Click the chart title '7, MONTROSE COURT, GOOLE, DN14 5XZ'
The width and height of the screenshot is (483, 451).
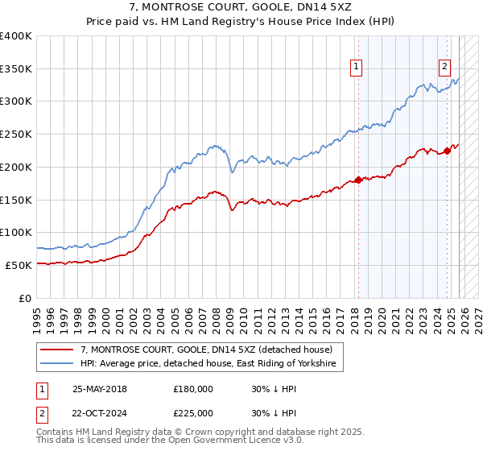click(242, 7)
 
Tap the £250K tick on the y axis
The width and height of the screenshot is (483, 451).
click(17, 134)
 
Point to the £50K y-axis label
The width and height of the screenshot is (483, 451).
click(19, 265)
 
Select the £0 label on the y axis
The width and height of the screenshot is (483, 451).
click(26, 298)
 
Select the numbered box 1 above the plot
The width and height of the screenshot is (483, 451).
click(356, 68)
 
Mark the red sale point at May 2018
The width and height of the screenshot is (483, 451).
click(358, 180)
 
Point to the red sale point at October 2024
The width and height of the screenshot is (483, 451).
click(447, 151)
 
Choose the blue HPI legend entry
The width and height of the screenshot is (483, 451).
click(212, 365)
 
